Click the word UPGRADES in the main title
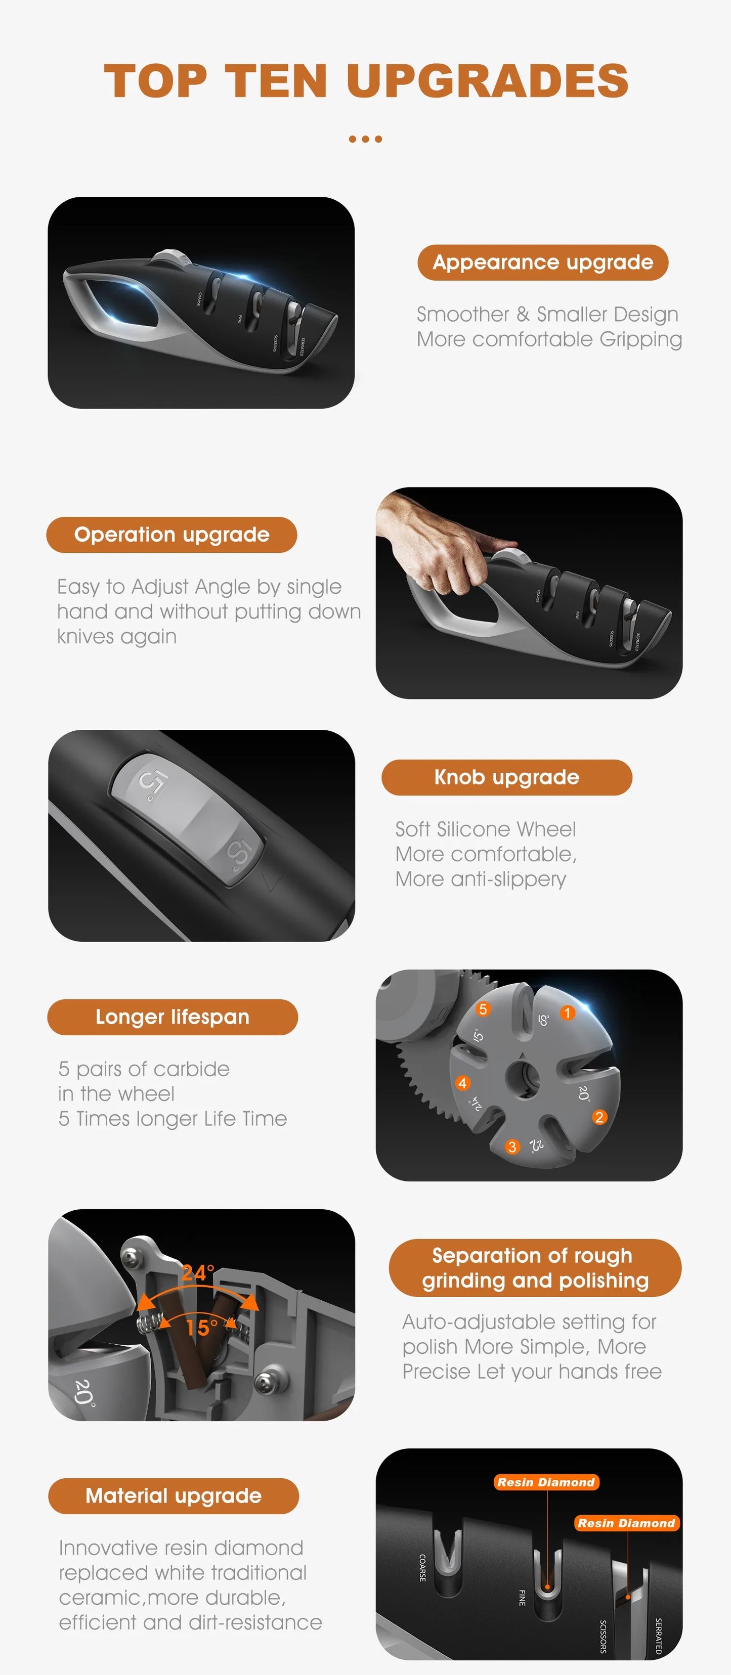pyautogui.click(x=488, y=81)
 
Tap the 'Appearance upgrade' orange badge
pyautogui.click(x=542, y=262)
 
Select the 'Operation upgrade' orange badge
pyautogui.click(x=171, y=535)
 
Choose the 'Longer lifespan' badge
pyautogui.click(x=173, y=1017)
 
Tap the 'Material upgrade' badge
pyautogui.click(x=174, y=1495)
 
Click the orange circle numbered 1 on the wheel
pyautogui.click(x=567, y=1013)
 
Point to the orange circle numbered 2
pyautogui.click(x=599, y=1117)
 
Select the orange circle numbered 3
pyautogui.click(x=512, y=1147)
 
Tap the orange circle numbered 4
pyautogui.click(x=462, y=1083)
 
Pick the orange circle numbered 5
pyautogui.click(x=483, y=1009)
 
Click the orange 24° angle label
pyautogui.click(x=197, y=1272)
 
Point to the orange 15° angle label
pyautogui.click(x=202, y=1327)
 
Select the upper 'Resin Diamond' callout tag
pyautogui.click(x=546, y=1482)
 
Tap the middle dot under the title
pyautogui.click(x=365, y=139)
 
